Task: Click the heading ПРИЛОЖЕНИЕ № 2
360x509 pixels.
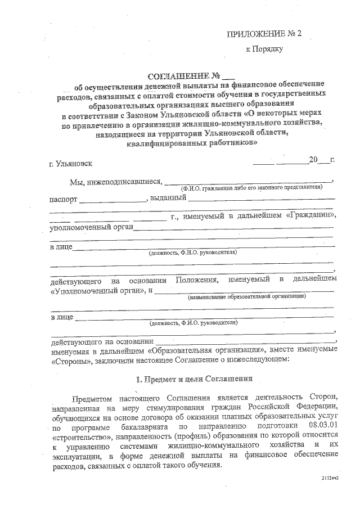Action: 264,34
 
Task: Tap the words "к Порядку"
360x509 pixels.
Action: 264,49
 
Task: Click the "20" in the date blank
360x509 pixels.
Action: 313,160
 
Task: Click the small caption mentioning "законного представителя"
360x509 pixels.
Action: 251,188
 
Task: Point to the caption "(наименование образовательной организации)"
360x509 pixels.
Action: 247,296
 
